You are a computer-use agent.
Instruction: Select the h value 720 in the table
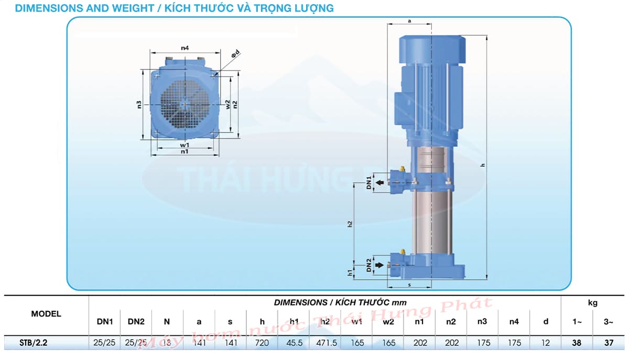tap(262, 343)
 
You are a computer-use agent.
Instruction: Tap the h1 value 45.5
tap(294, 343)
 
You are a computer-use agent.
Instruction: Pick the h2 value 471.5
tap(326, 343)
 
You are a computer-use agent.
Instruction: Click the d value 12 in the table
tap(546, 343)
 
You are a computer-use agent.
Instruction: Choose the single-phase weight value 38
tap(577, 343)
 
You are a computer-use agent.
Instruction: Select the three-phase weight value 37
tap(609, 343)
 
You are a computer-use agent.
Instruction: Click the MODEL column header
tap(46, 314)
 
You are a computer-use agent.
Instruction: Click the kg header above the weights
tap(592, 302)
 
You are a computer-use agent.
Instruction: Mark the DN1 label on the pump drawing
tap(369, 182)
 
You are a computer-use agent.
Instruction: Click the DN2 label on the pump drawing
tap(369, 266)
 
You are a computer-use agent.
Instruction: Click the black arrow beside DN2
tap(379, 265)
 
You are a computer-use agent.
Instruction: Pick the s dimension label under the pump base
tap(409, 286)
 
